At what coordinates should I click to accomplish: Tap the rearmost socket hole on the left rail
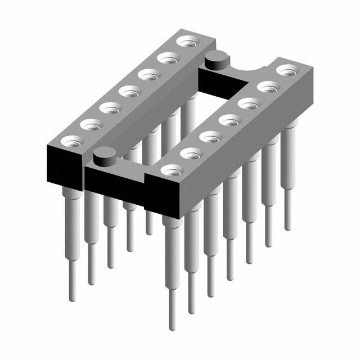coord(186,41)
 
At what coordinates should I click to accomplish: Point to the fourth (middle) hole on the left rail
coord(129,91)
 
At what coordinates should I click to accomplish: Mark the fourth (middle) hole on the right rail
coord(228,119)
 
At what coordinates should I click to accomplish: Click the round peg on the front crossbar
coord(105,156)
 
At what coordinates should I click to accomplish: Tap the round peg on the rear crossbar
coord(215,59)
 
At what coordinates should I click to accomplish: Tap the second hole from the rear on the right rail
coord(268,87)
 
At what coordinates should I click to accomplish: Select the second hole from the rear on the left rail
coord(167,57)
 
